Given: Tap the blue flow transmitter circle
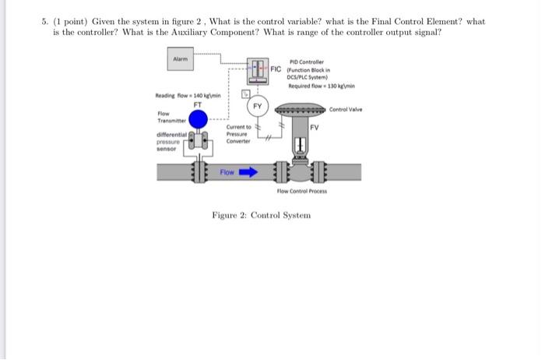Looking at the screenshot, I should (199, 119).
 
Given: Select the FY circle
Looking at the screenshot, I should (256, 105).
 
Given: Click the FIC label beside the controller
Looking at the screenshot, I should (277, 68).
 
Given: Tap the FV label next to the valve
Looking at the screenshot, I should (315, 126).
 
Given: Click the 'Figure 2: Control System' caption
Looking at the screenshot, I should (261, 215).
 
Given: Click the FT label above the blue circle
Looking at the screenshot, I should (198, 101).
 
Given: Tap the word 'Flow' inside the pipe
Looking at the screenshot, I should (227, 171).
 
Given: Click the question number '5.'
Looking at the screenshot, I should (46, 21).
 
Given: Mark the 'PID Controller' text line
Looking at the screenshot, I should (308, 61).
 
